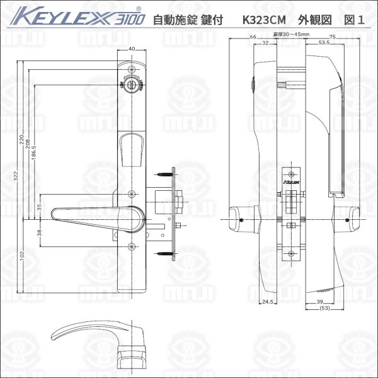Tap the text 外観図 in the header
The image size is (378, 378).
click(x=312, y=19)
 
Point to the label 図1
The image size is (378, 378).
click(x=353, y=19)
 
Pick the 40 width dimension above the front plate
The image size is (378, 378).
click(x=132, y=49)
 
